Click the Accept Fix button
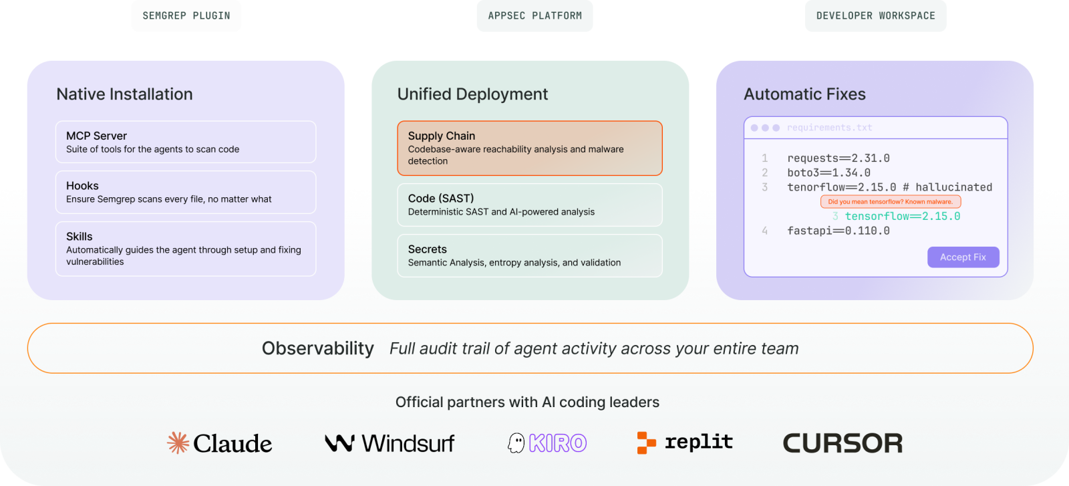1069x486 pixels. tap(963, 257)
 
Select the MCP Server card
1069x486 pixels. tap(186, 142)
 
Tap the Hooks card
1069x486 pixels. tap(186, 192)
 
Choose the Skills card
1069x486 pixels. tap(186, 249)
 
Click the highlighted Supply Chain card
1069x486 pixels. tap(530, 148)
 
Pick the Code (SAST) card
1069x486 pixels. tap(530, 205)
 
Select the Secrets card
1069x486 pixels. tap(530, 255)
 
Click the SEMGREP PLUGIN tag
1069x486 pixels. tap(186, 16)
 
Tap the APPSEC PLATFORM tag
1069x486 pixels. tap(535, 16)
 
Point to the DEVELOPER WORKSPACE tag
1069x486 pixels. tap(876, 16)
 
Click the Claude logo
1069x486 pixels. tap(220, 443)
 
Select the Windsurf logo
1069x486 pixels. tap(390, 443)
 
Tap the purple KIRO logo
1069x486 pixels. tap(547, 443)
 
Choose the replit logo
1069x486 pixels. tap(685, 443)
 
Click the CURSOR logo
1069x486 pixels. tap(843, 443)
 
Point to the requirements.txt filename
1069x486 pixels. tap(829, 128)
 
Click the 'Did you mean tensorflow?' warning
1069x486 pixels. tap(891, 201)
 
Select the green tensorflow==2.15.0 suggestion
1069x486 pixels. tap(903, 217)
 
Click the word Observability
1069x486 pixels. tap(318, 348)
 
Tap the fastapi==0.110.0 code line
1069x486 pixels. tap(838, 231)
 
